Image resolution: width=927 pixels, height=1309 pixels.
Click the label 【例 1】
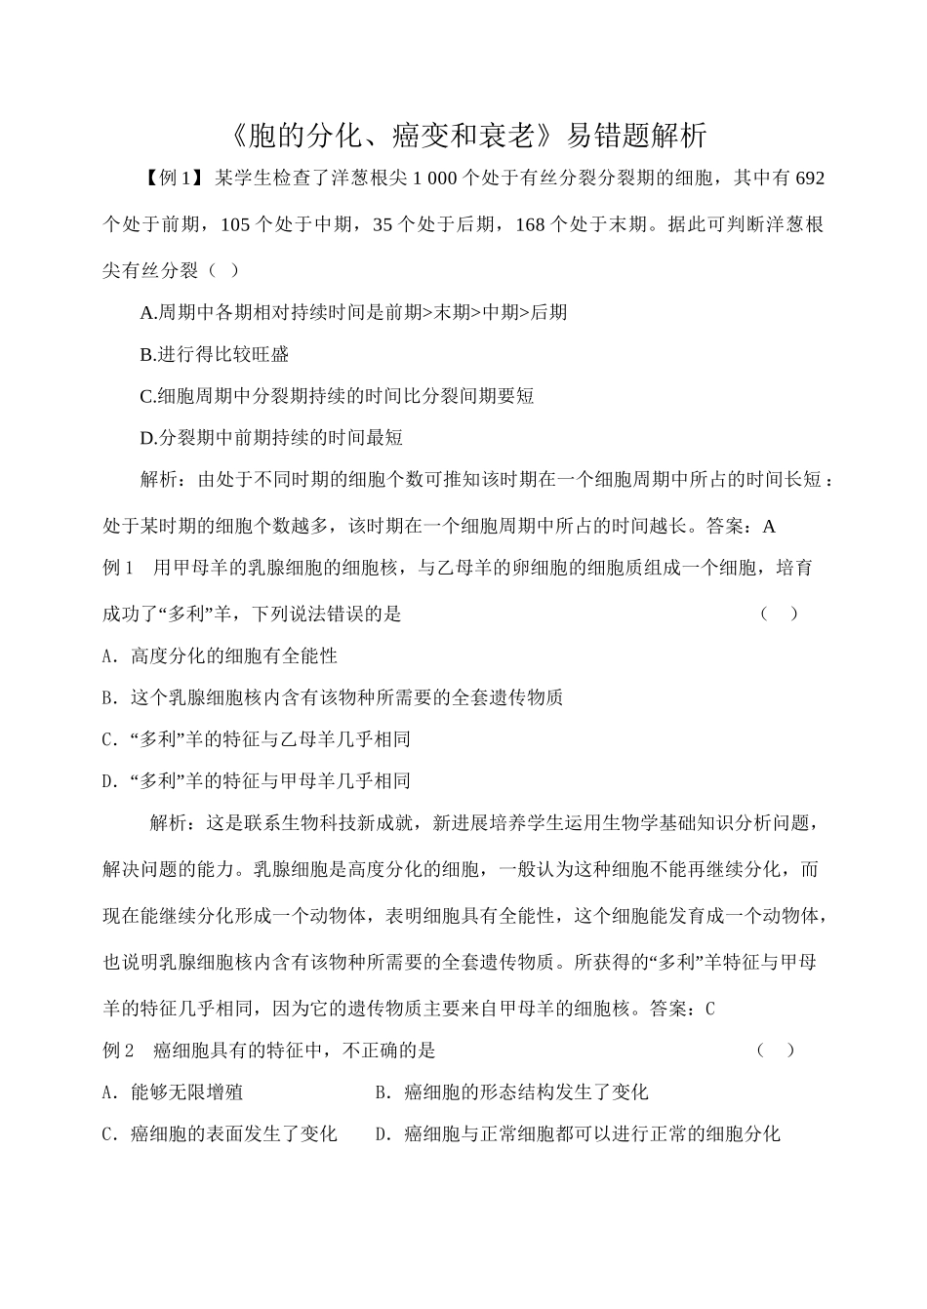click(170, 178)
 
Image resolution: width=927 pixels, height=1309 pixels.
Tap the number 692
click(810, 178)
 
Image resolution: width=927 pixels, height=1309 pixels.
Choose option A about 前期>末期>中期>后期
click(353, 313)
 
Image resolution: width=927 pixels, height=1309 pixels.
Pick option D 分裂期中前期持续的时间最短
click(271, 438)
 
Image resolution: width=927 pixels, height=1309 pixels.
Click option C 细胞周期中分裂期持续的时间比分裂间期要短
click(337, 396)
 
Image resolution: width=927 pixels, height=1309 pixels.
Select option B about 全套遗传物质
click(332, 698)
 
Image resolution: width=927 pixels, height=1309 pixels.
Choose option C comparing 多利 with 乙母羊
click(256, 739)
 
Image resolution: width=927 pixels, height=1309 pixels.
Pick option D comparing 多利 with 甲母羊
click(256, 781)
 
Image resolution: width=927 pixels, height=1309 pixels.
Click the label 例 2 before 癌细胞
click(118, 1051)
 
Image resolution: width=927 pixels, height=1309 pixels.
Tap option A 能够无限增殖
click(173, 1092)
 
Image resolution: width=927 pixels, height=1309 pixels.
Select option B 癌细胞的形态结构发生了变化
click(511, 1092)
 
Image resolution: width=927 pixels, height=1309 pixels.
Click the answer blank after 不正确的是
click(776, 1051)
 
